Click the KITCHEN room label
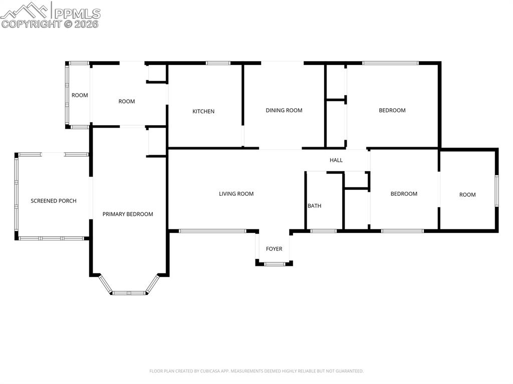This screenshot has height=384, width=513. point(203,111)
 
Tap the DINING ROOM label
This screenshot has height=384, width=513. point(284,110)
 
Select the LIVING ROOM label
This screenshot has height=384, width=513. point(236,194)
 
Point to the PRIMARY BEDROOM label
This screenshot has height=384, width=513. point(128,214)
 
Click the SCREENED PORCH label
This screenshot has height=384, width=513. point(54,201)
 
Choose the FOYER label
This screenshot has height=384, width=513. point(274,249)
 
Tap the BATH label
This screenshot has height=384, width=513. point(315,206)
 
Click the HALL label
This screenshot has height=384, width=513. point(336,160)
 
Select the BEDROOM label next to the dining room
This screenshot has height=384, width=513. point(392,110)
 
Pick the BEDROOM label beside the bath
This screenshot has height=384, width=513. point(404,194)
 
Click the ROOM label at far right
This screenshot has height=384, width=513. point(467,195)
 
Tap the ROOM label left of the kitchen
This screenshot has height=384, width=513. point(127,101)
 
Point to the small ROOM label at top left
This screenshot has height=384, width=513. point(80,95)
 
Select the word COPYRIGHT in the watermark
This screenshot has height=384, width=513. point(31,24)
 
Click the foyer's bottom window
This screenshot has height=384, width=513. point(275,263)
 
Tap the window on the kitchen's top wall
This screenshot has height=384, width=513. point(218,63)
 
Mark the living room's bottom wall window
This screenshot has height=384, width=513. point(212,231)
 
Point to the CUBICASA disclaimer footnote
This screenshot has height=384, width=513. point(256,371)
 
